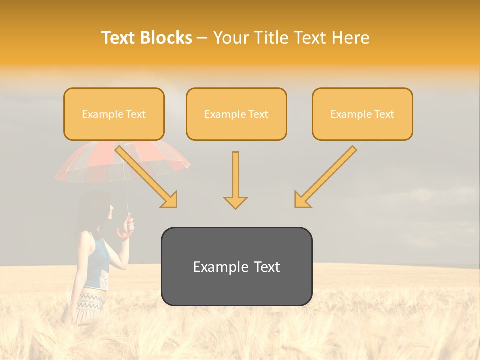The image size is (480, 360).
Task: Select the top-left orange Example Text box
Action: click(114, 114)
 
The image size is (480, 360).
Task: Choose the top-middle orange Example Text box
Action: click(236, 114)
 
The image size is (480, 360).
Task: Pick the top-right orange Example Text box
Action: click(362, 114)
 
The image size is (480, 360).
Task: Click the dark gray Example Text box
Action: click(236, 267)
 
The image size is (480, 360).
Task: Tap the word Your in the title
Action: click(229, 38)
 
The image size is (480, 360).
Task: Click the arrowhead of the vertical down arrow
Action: click(235, 202)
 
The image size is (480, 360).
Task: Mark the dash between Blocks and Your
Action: click(202, 38)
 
